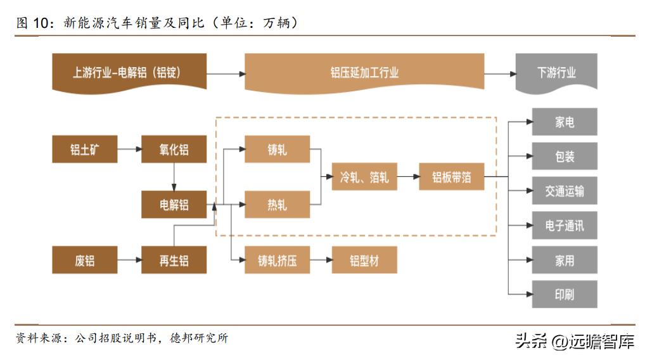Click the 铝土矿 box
[x=84, y=150]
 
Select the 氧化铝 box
[x=174, y=150]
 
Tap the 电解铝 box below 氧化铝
[x=174, y=205]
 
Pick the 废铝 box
[x=84, y=260]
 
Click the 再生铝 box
[x=174, y=260]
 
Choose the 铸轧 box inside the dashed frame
[x=277, y=150]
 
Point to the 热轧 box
[x=277, y=205]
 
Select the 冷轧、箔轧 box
[x=364, y=177]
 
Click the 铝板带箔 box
[x=452, y=177]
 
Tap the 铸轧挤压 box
[x=277, y=260]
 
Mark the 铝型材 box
[x=364, y=260]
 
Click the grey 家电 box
[x=564, y=122]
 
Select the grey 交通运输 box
[x=564, y=191]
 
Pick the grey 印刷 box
[x=564, y=295]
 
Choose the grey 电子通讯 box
[x=564, y=225]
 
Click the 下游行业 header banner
[x=556, y=73]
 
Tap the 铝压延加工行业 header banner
[x=364, y=73]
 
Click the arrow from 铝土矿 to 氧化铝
[x=129, y=150]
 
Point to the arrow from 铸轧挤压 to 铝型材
[x=321, y=260]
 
